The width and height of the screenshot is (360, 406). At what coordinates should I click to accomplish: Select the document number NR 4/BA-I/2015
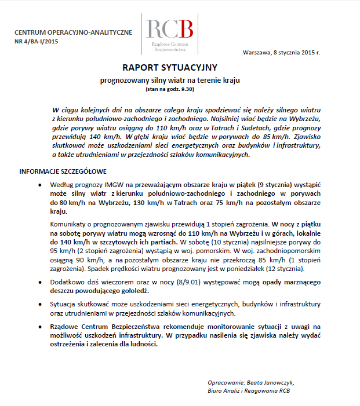pos(36,41)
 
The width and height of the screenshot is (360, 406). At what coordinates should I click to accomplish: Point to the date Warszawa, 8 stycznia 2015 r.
pos(281,53)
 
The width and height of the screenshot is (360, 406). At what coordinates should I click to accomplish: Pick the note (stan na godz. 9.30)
pos(169,89)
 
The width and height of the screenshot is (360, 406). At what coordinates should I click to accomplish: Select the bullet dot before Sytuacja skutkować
pos(39,303)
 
